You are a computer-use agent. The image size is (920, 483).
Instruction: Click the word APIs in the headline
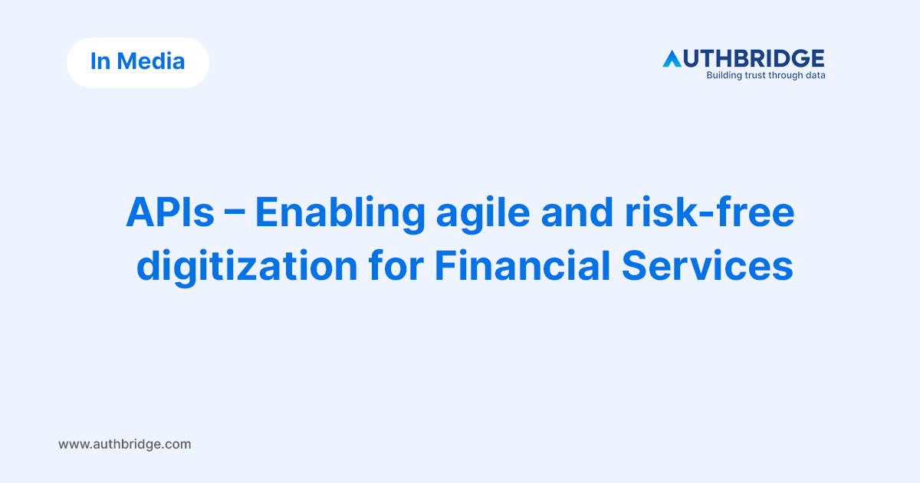pyautogui.click(x=170, y=212)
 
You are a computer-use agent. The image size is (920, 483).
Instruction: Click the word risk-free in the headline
pyautogui.click(x=710, y=212)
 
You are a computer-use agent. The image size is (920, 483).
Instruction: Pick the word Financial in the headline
pyautogui.click(x=522, y=266)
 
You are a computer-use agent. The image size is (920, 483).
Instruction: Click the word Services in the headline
pyautogui.click(x=707, y=266)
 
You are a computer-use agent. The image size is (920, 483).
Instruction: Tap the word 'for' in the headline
pyautogui.click(x=396, y=266)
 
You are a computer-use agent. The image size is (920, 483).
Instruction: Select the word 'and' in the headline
pyautogui.click(x=577, y=212)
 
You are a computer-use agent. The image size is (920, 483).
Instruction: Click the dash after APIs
pyautogui.click(x=235, y=215)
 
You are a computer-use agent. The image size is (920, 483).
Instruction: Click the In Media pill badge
pyautogui.click(x=138, y=63)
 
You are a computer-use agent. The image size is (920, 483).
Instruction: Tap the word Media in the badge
pyautogui.click(x=151, y=61)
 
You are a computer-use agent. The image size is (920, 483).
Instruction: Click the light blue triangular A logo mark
pyautogui.click(x=672, y=59)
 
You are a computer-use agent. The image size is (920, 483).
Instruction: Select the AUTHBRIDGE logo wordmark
pyautogui.click(x=744, y=58)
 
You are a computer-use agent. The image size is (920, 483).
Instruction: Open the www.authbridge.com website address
pyautogui.click(x=125, y=444)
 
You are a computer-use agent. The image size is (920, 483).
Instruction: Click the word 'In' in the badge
pyautogui.click(x=100, y=61)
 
